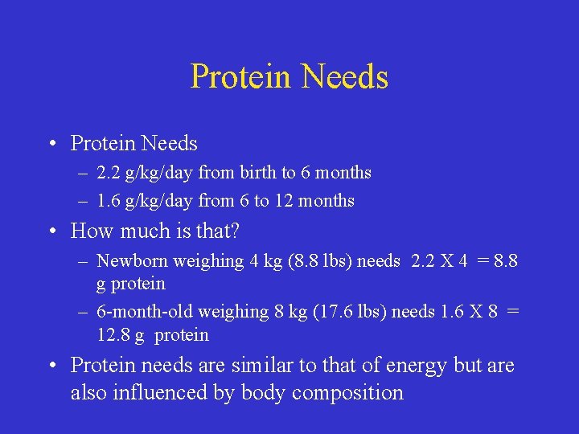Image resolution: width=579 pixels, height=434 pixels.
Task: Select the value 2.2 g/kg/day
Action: [x=146, y=173]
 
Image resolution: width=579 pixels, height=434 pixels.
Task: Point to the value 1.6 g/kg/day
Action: [x=146, y=201]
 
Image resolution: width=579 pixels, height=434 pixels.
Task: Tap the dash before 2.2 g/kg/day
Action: [x=84, y=173]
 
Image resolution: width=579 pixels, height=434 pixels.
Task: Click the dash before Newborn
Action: [x=84, y=261]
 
